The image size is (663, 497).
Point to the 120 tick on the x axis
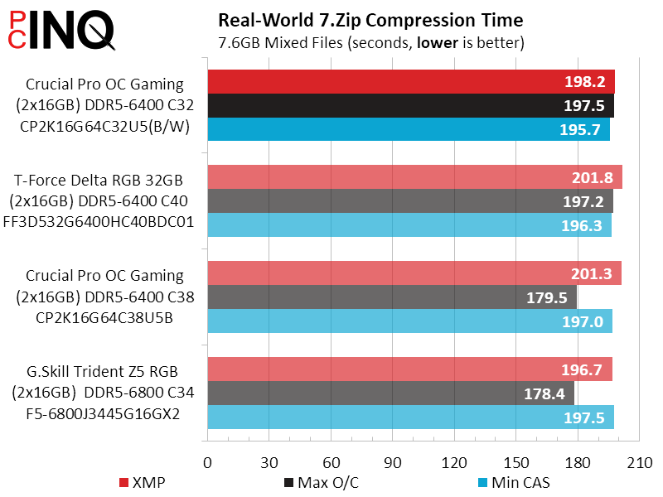click(x=453, y=461)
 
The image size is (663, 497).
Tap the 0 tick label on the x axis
click(x=207, y=461)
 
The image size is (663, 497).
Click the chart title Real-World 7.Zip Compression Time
click(x=370, y=19)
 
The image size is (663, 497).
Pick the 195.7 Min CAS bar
click(x=409, y=130)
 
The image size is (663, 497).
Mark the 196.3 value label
click(x=588, y=225)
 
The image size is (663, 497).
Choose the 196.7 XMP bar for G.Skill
click(x=409, y=369)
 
